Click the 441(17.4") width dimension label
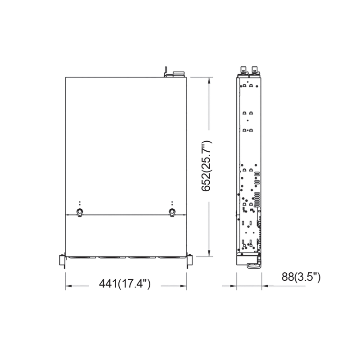coord(125,284)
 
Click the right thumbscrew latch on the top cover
coord(172,211)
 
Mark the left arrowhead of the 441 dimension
coord(68,285)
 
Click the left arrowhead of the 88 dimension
coord(234,285)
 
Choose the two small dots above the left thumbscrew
coord(80,203)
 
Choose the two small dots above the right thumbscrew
coord(172,203)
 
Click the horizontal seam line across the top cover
coord(126,215)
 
